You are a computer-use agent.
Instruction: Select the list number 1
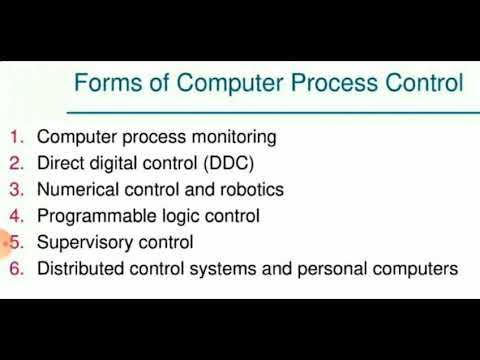coord(15,136)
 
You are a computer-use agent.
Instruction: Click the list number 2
coord(15,162)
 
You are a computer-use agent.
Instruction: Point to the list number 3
coord(15,189)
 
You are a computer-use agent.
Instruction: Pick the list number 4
coord(15,215)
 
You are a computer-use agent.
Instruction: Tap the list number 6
coord(15,268)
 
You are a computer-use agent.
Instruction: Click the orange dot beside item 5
coord(4,241)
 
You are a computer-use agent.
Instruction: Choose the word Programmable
coord(91,215)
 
